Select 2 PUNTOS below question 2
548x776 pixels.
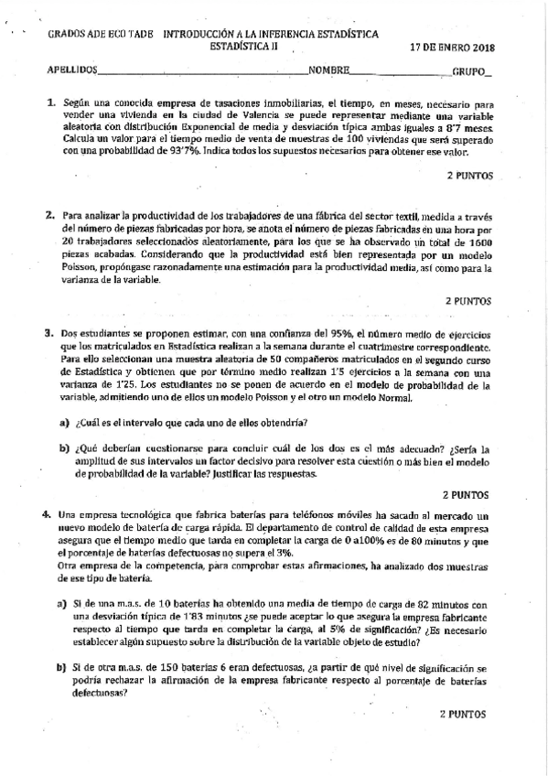(469, 299)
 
